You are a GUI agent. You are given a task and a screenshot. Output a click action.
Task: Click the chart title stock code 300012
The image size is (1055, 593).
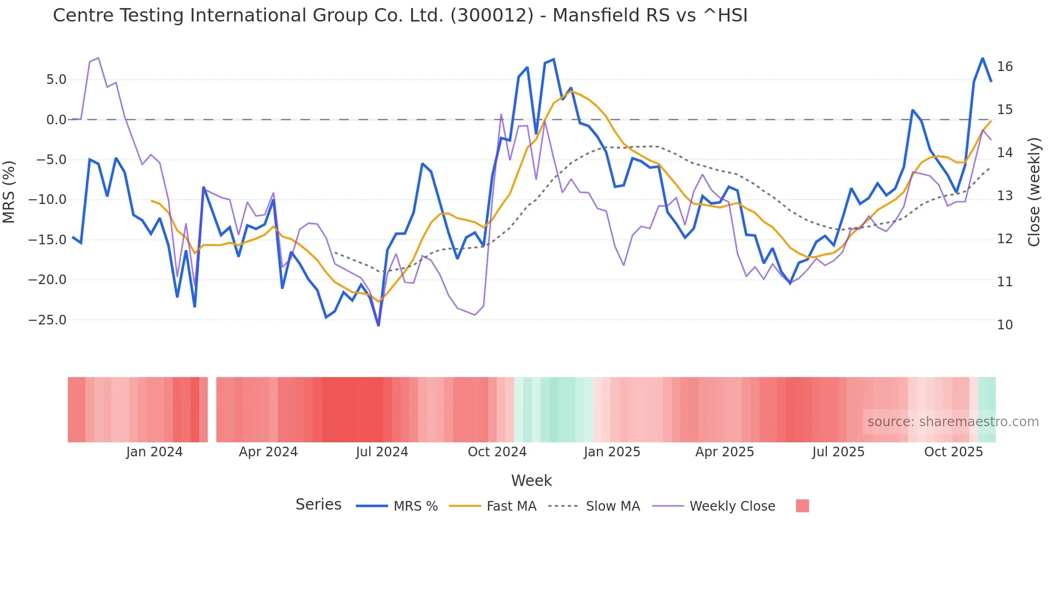coord(491,15)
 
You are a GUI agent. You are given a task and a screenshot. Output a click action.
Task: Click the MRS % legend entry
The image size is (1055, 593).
coord(415,506)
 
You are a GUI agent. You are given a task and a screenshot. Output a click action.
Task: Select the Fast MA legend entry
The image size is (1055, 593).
coord(511,506)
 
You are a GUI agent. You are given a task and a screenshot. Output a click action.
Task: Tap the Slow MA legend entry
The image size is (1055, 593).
coord(613,506)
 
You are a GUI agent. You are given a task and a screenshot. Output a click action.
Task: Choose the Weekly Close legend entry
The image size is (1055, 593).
coord(732,506)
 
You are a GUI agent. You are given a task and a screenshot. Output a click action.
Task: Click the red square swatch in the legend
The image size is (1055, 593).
coord(802,506)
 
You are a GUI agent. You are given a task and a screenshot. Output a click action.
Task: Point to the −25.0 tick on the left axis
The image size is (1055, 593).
coord(47,320)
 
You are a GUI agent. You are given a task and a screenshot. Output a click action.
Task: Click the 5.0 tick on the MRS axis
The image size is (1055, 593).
coord(56,80)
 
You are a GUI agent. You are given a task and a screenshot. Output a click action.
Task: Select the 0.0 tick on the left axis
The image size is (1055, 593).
coord(56,120)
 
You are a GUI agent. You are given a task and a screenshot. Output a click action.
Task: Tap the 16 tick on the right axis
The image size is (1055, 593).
coord(1004,67)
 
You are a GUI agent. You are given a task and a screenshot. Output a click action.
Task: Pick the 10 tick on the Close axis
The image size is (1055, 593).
coord(1004,325)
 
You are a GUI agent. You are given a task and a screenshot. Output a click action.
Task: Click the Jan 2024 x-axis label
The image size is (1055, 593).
coord(154,452)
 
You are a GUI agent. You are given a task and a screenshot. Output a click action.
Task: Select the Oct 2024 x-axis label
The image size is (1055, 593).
coord(497,452)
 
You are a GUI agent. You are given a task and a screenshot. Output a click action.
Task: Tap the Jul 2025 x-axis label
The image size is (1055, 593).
coord(838,452)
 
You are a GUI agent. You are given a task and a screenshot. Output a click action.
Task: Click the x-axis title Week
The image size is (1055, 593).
coord(531,481)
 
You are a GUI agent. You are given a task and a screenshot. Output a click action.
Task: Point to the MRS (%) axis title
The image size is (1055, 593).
coord(9,192)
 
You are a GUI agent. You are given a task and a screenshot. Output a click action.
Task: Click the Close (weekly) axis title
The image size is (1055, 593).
coord(1033,192)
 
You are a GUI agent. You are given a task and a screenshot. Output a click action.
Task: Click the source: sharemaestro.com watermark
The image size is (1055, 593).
coord(953,422)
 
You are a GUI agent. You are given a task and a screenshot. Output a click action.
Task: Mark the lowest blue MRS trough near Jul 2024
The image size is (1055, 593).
coord(378,325)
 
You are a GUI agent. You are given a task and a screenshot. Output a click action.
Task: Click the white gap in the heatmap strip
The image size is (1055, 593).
coord(212,410)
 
